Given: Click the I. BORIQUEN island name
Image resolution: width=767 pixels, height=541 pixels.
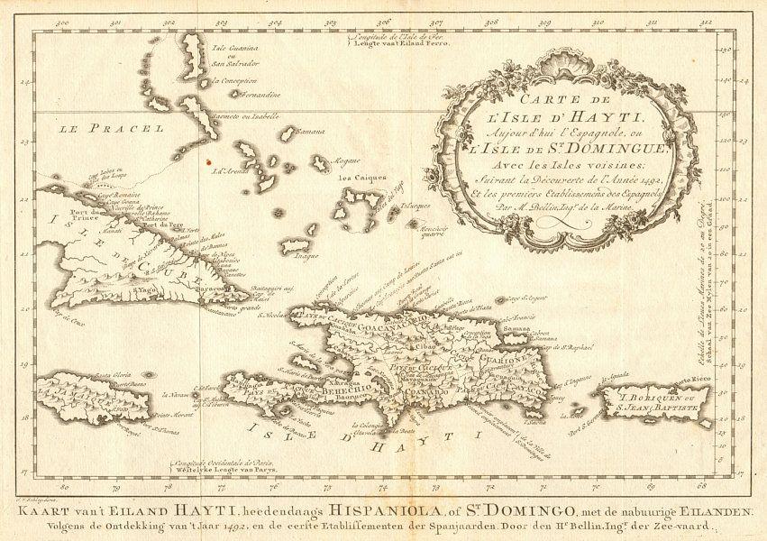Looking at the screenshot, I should [656, 394].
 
